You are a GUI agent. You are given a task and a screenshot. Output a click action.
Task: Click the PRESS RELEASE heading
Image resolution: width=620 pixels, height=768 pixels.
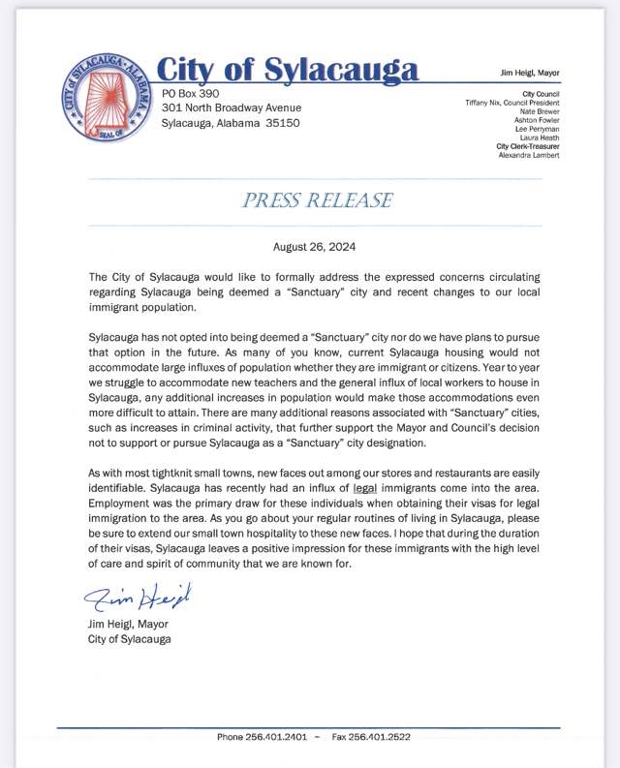pyautogui.click(x=318, y=200)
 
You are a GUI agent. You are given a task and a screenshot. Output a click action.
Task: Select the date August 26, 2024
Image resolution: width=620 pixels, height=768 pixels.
pyautogui.click(x=315, y=247)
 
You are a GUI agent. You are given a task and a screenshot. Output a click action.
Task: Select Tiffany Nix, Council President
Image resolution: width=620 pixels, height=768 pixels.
pyautogui.click(x=512, y=102)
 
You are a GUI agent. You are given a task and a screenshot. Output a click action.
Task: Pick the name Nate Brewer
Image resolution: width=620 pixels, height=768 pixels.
pyautogui.click(x=538, y=111)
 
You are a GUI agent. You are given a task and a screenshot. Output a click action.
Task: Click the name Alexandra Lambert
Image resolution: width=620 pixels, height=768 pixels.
pyautogui.click(x=527, y=155)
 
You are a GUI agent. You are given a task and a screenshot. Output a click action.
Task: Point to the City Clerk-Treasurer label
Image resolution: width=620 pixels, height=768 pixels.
pyautogui.click(x=527, y=146)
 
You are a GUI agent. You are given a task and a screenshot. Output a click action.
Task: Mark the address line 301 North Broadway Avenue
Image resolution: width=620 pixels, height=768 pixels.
pyautogui.click(x=232, y=108)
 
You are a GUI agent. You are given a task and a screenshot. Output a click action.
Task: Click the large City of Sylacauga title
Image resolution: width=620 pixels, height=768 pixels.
pyautogui.click(x=288, y=71)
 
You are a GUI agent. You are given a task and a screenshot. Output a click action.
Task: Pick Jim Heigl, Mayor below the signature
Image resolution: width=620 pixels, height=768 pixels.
pyautogui.click(x=128, y=624)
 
